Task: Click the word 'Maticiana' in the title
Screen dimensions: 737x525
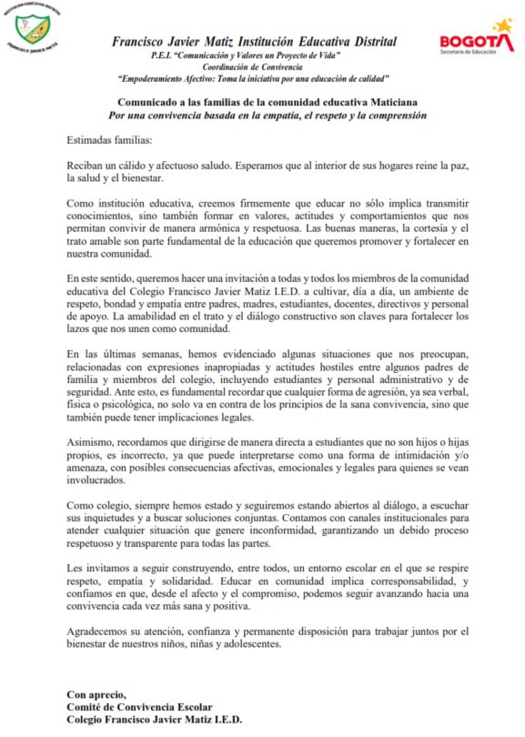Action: [x=393, y=102]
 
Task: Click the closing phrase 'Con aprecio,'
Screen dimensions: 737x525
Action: [x=98, y=692]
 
